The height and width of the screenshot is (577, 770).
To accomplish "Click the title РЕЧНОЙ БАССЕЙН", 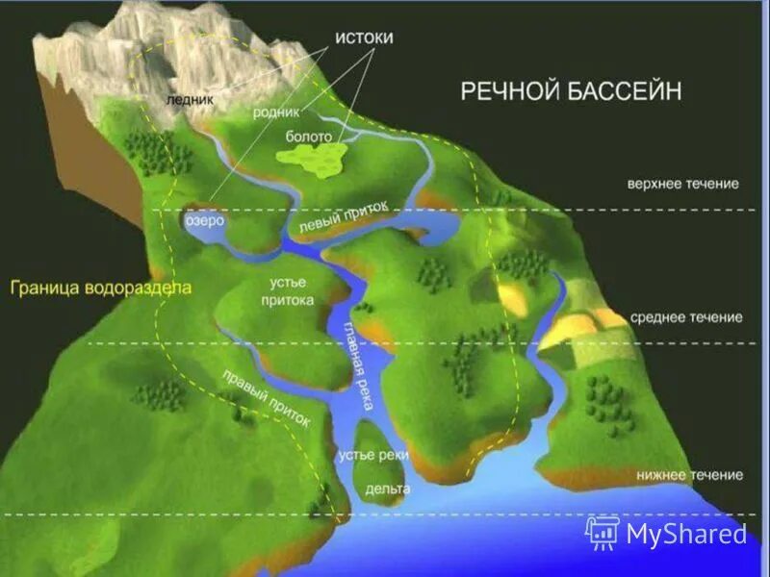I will [571, 90].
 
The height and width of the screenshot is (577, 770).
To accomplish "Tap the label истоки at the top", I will [364, 37].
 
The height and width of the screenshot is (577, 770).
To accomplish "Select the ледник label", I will [189, 99].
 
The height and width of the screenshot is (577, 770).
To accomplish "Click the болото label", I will [308, 138].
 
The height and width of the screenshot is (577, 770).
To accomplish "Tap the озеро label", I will [204, 220].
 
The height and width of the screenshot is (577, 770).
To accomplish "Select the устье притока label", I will [289, 290].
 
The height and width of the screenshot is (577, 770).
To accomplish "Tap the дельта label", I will [388, 489].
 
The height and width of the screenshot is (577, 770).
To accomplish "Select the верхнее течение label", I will [682, 183].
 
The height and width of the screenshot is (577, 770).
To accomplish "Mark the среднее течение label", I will [686, 317].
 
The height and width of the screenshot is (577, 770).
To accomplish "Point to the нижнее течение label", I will [689, 475].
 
